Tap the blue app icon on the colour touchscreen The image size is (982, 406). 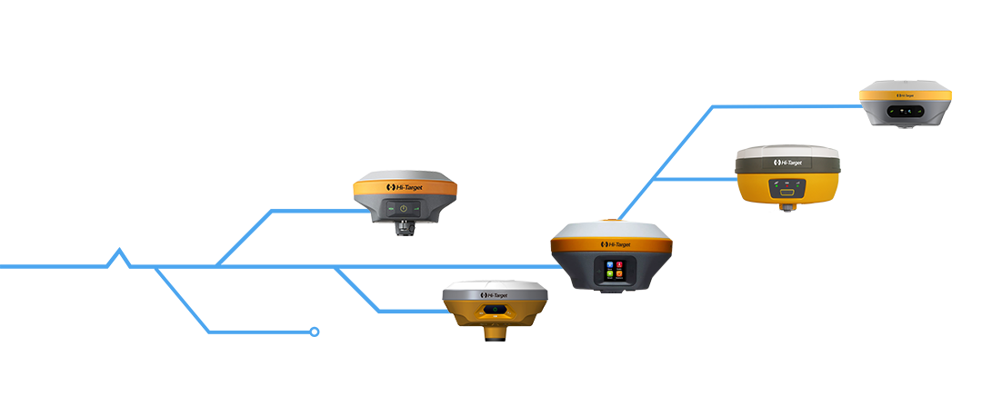(607, 263)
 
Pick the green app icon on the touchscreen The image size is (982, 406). (607, 274)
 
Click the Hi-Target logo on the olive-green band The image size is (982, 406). (787, 163)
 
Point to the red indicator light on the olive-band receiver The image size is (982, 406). (787, 182)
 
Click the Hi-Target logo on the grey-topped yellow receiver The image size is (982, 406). (495, 295)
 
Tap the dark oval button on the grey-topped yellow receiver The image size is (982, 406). (495, 310)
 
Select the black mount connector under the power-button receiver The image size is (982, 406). (404, 228)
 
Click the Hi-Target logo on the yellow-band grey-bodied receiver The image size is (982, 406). (906, 94)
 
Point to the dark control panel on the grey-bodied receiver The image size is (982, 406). (906, 112)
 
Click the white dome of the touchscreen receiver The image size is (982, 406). (611, 229)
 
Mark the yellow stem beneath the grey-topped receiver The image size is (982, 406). (495, 334)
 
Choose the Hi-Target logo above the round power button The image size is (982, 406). (404, 187)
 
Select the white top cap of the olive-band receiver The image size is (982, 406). (787, 150)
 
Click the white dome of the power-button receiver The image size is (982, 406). (404, 174)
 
